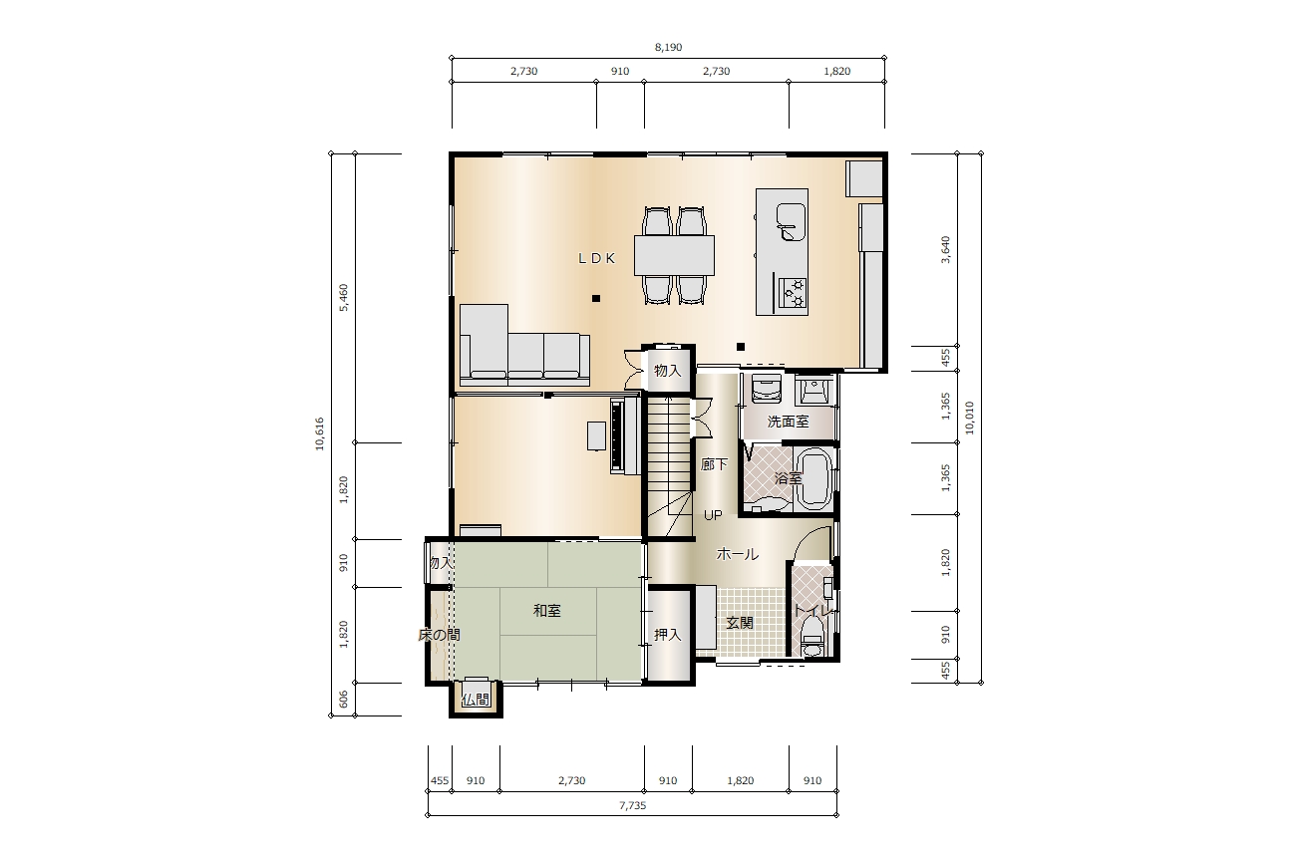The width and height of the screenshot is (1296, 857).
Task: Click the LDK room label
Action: point(597,258)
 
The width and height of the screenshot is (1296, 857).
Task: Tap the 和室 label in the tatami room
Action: point(546,611)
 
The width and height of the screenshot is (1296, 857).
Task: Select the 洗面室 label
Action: point(788,422)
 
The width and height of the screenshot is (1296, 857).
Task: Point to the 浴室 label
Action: point(788,478)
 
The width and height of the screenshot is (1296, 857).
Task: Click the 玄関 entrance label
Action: point(740,623)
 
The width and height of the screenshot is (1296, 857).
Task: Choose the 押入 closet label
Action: point(668,635)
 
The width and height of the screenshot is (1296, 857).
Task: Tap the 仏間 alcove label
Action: point(476,700)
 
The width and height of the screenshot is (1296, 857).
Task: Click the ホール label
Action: point(737,554)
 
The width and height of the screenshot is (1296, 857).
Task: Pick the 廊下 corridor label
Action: point(714,464)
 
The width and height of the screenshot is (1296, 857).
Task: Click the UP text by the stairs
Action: point(713,514)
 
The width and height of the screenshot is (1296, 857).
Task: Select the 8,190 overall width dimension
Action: point(668,48)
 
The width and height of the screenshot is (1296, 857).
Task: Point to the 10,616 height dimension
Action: point(320,433)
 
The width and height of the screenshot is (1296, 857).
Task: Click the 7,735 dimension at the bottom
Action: point(632,805)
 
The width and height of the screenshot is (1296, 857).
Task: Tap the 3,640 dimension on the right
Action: point(945,250)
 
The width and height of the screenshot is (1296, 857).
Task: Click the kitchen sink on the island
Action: point(791,221)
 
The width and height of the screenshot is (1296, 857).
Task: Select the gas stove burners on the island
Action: point(793,293)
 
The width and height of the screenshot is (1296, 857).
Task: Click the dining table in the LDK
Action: point(674,255)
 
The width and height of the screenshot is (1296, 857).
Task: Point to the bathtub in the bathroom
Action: point(814,479)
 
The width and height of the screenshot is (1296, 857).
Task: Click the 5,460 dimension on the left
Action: point(344,297)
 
